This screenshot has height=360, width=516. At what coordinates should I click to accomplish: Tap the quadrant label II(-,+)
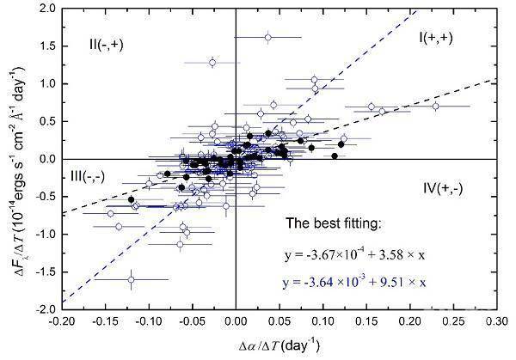point(107,43)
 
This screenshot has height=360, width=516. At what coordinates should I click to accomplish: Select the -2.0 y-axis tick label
point(43,308)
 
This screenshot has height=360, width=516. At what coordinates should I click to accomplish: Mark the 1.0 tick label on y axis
point(46,83)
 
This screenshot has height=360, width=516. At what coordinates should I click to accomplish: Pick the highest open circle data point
point(268,37)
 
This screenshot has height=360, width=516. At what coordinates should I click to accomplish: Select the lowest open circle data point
point(132,279)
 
